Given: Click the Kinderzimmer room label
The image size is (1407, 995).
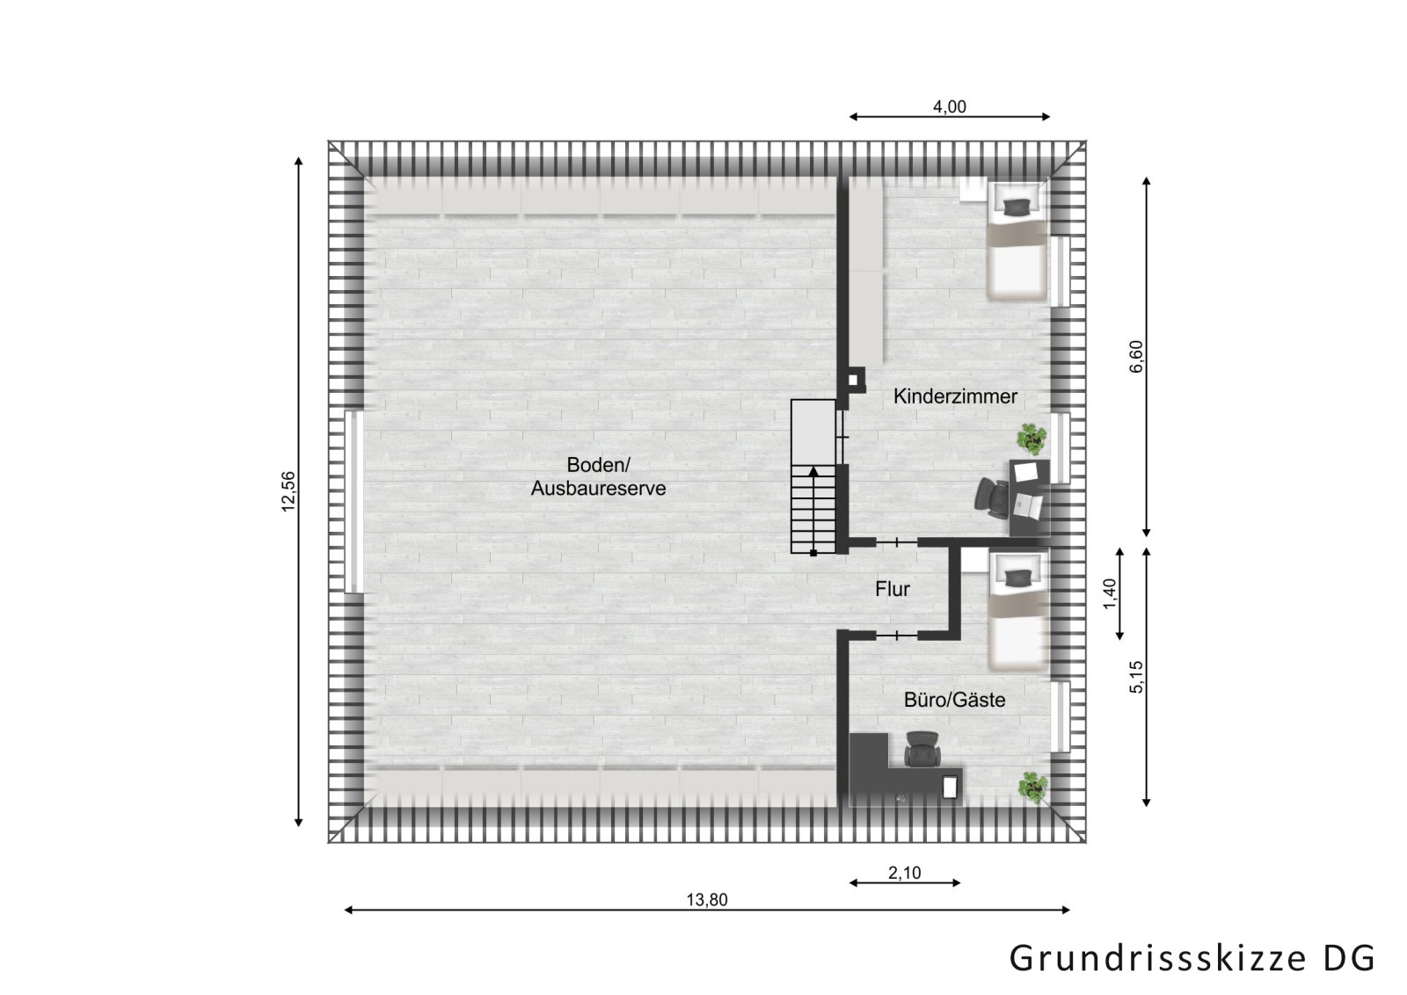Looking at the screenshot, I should tap(955, 396).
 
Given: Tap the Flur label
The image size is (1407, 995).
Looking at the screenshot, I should tap(892, 589).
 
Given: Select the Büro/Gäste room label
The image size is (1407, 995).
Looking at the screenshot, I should tap(954, 701).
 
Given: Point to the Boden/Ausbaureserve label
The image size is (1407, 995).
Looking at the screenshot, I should tap(598, 476).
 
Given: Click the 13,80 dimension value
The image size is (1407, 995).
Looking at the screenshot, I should tap(707, 899).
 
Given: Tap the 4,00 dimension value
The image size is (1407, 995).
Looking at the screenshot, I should tap(949, 107).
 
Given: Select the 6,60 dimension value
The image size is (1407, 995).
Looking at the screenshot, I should tap(1136, 356).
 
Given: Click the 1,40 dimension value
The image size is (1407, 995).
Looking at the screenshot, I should tap(1109, 594).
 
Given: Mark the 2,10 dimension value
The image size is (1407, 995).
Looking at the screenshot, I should tap(905, 873).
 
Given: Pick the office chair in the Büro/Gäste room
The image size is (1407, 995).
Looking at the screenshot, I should tap(922, 748).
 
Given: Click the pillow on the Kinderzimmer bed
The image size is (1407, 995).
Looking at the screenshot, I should tap(1018, 207).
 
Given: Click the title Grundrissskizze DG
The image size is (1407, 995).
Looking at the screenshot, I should tap(1192, 957).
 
